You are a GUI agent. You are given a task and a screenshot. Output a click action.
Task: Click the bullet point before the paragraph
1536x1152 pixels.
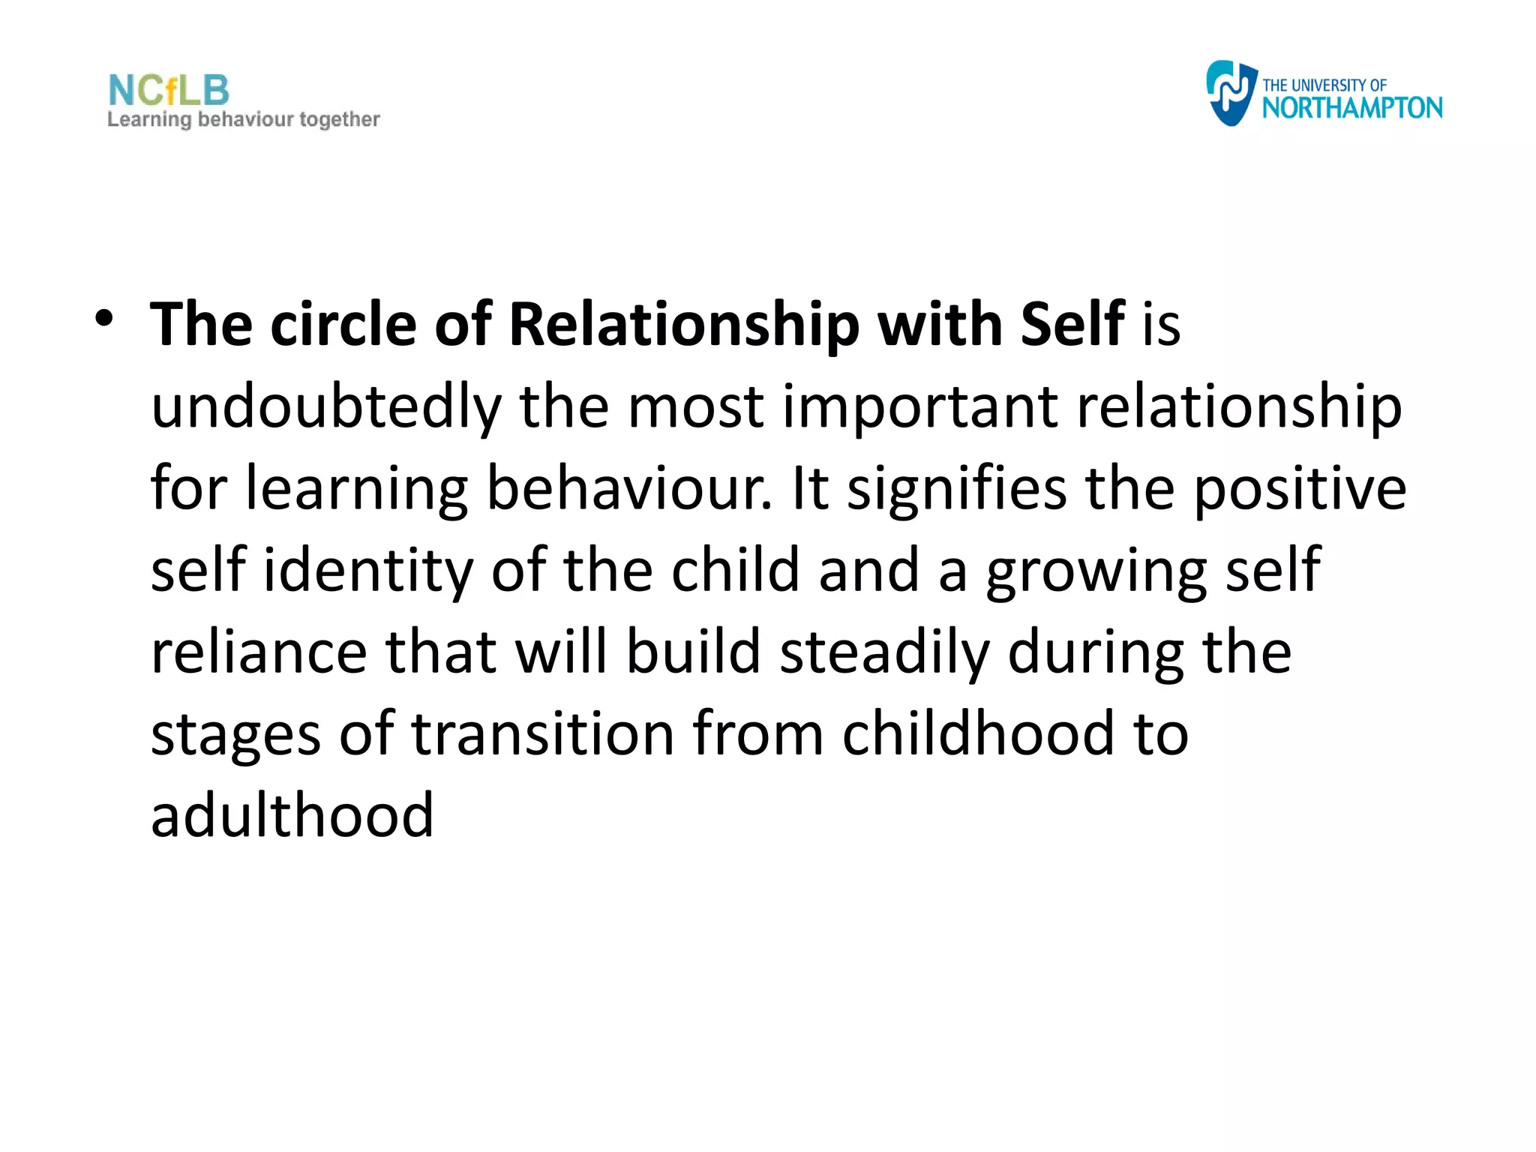pos(104,319)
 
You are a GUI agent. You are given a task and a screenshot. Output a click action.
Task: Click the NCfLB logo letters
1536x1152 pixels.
pos(169,91)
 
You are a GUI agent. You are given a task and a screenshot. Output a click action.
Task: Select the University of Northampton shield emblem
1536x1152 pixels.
pos(1230,93)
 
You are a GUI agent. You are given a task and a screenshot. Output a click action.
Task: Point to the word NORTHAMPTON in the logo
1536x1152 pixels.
pos(1351,108)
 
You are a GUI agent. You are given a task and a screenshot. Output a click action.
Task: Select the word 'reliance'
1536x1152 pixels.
pos(259,652)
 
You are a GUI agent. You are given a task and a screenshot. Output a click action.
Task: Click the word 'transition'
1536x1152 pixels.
pos(543,733)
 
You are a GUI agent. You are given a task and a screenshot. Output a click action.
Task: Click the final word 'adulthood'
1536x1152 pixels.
pos(292,814)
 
